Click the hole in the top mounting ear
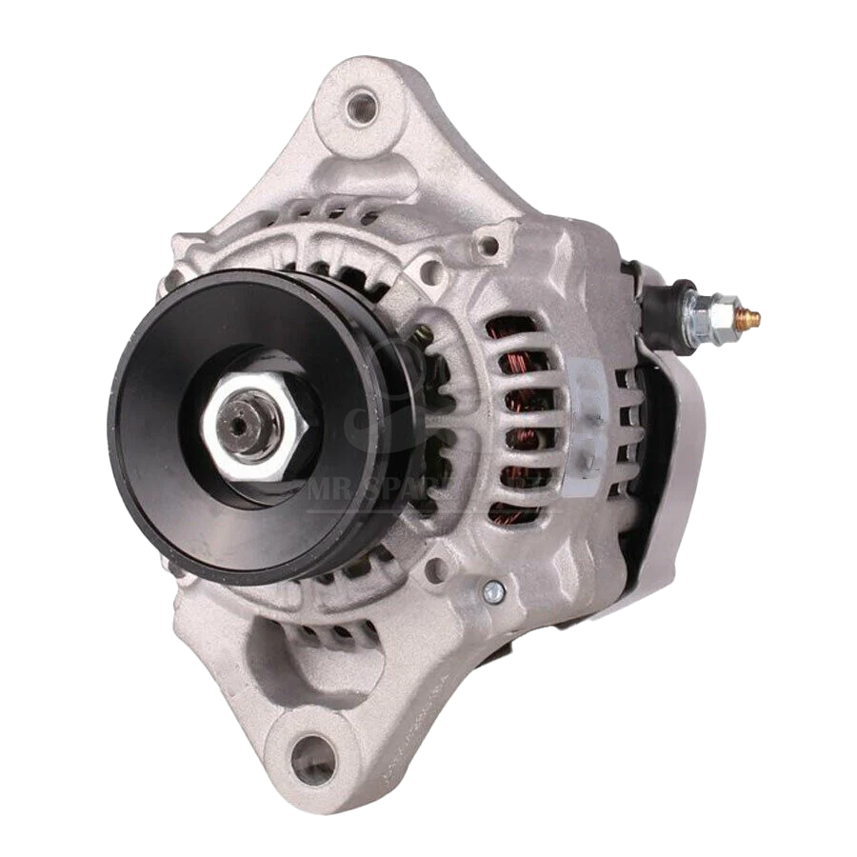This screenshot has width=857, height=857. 362,106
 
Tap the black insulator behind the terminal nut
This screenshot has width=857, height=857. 668,305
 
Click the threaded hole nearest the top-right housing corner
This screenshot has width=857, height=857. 488,246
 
